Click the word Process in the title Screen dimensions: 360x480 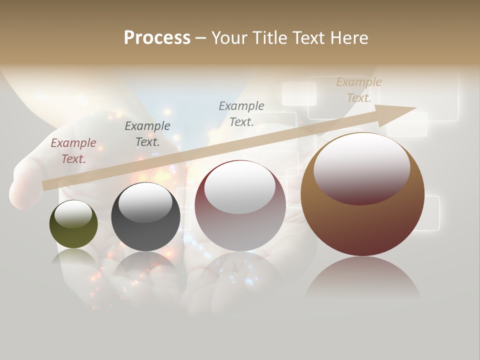157,38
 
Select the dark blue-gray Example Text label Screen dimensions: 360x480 147,134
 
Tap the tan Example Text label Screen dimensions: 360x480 359,90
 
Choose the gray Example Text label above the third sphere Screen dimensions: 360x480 241,114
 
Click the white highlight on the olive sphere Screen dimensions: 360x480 73,214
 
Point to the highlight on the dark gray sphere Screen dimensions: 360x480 145,202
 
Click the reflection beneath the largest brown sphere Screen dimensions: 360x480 362,280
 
